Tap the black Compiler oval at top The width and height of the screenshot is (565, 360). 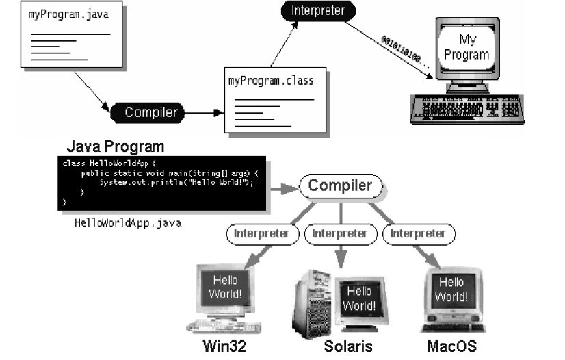(150, 112)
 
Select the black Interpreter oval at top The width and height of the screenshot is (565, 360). (313, 11)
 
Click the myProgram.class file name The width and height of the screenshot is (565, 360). (271, 81)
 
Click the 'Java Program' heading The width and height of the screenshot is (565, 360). (115, 146)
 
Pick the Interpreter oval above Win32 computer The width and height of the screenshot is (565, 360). (261, 233)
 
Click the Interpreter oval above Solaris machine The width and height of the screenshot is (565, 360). (339, 233)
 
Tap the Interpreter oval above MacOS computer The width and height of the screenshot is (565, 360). (417, 233)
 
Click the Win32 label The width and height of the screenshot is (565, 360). (224, 346)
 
